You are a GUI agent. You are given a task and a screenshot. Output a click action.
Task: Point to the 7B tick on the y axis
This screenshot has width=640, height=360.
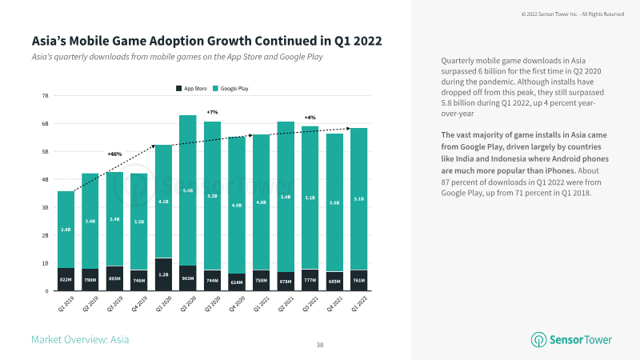pos(45,95)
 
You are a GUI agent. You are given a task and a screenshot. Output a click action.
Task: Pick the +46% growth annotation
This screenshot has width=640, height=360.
pos(114,153)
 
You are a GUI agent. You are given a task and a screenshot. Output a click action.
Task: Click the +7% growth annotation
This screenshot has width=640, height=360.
pos(212,112)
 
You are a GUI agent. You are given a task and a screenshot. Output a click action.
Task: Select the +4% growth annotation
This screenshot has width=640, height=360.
pos(310,117)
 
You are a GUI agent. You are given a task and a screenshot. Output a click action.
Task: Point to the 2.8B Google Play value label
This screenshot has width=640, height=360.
pos(66,230)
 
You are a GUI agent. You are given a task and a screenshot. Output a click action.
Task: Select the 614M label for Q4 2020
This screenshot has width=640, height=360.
pos(236,281)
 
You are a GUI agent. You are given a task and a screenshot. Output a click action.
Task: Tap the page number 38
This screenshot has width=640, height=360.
pos(320,345)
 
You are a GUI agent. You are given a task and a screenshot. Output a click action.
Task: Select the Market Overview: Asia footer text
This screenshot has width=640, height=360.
pos(80,340)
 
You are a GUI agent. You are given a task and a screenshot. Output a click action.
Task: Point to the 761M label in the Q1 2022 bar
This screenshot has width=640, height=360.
pos(358,281)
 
